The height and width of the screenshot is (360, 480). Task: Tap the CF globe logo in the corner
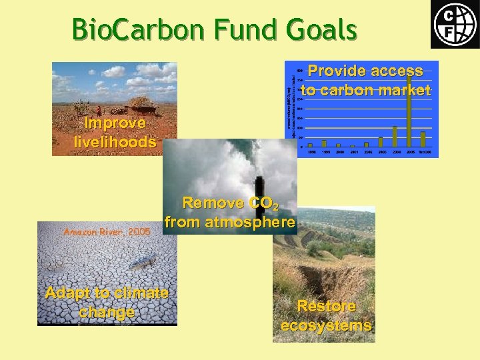(454, 25)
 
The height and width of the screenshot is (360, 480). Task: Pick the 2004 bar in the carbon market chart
(395, 136)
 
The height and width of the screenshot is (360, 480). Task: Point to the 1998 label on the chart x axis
(311, 152)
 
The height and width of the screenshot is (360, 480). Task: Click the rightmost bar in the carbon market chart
(423, 139)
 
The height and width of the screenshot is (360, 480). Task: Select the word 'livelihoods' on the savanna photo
(115, 141)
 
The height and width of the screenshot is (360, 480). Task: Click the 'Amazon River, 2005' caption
(107, 231)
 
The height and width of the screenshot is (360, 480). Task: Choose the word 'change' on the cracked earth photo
(107, 311)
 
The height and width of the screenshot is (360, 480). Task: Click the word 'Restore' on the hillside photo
(326, 306)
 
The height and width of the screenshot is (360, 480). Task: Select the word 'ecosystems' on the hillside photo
(326, 325)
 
